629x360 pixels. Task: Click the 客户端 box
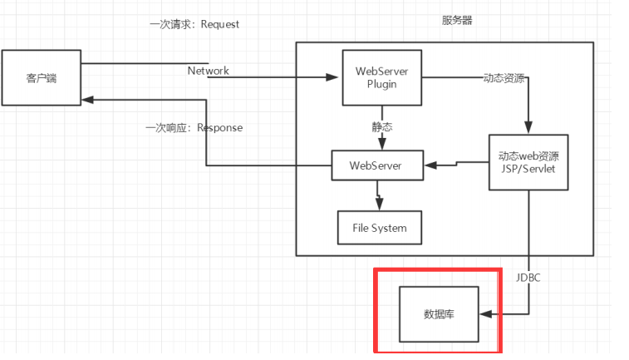[42, 78]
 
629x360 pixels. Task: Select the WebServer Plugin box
[381, 77]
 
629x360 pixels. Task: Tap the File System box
[379, 226]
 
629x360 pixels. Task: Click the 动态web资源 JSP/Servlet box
[528, 162]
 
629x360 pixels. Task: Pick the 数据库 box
[439, 314]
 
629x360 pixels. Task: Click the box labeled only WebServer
[377, 165]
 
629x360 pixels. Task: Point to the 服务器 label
[457, 21]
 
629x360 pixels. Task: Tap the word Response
[219, 127]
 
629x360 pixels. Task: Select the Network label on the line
[208, 71]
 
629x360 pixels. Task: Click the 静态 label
[381, 127]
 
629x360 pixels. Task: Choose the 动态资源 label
[504, 78]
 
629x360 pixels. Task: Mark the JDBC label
[528, 277]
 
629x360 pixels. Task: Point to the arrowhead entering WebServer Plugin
[337, 78]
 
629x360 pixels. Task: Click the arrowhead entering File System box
[380, 207]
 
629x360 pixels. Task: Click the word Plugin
[381, 86]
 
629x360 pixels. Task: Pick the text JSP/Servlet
[528, 169]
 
